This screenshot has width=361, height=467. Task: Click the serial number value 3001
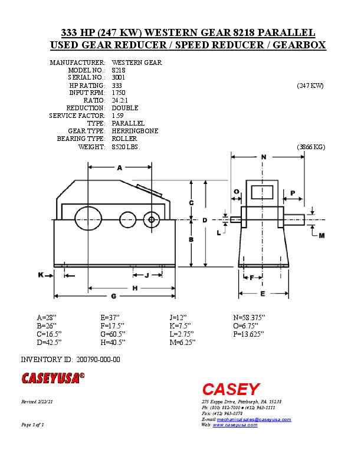(118, 77)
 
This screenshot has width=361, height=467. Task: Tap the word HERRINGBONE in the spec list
(134, 131)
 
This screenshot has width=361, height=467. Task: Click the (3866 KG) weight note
(311, 146)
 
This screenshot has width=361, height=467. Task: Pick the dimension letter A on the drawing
(119, 167)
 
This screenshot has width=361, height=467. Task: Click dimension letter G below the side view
(113, 295)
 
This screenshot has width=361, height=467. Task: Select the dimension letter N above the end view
(263, 157)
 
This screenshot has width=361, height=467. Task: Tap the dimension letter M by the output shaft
(321, 236)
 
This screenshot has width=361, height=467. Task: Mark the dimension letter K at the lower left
(41, 275)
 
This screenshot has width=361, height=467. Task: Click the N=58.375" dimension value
(250, 317)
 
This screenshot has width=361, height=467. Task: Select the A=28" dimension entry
(47, 317)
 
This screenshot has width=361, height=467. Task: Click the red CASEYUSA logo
(53, 377)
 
